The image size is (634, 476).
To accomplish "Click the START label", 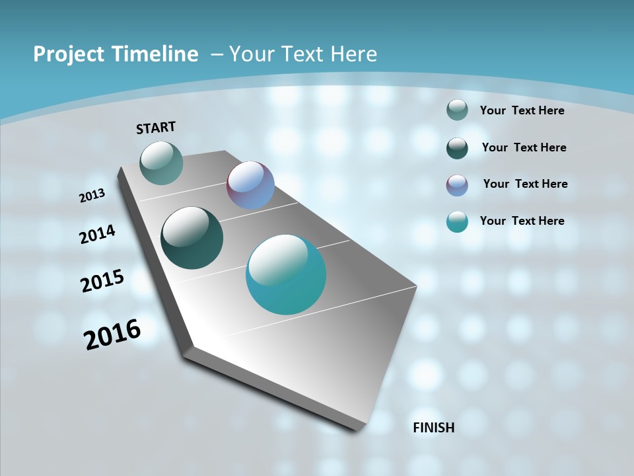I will tap(157, 127).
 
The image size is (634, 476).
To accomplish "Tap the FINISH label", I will tap(433, 427).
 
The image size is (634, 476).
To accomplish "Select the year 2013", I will tap(92, 196).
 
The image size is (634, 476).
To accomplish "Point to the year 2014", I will tap(98, 235).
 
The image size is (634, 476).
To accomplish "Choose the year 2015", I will tap(102, 281).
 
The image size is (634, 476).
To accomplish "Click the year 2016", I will tap(112, 334).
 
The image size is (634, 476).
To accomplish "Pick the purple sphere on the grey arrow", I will tap(250, 185).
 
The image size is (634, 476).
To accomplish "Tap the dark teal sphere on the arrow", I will tap(192, 238).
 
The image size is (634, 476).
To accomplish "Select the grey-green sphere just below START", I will tap(162, 163).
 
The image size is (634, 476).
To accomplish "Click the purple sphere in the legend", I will tap(457, 185).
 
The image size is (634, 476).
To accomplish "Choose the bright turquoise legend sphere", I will tap(457, 221).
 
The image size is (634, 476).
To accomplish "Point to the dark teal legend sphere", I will tap(457, 148).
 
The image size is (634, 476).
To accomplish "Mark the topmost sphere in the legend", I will tap(457, 110).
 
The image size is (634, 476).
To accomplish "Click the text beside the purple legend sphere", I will tap(525, 184).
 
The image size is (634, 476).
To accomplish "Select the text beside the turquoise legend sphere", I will tap(522, 221).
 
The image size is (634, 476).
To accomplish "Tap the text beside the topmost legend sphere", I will tap(522, 110).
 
